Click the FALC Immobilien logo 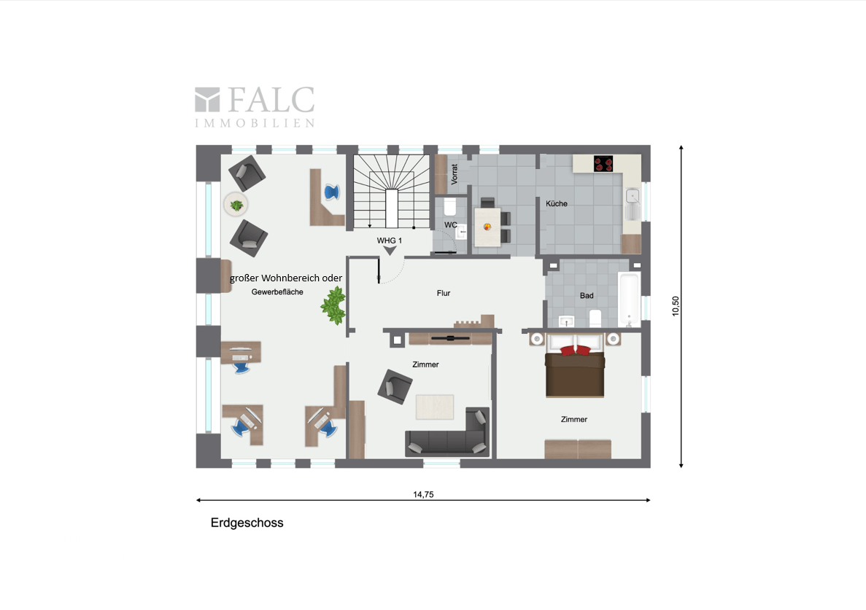point(255,106)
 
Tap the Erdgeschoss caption point(247,523)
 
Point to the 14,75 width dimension point(423,494)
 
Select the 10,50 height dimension point(676,305)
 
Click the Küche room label point(556,204)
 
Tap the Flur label point(444,293)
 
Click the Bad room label point(587,296)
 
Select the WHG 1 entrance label point(390,240)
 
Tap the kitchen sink point(632,195)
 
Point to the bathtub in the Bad point(629,300)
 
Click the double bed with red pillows point(576,370)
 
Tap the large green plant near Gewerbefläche point(334,305)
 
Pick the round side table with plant point(236,206)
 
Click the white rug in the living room point(435,407)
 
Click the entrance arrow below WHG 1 point(390,251)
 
